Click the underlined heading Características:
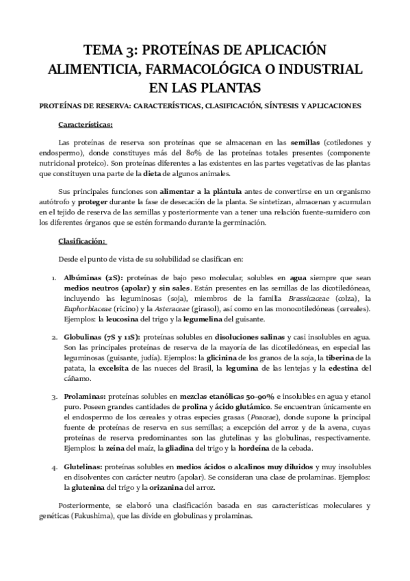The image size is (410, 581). point(95,125)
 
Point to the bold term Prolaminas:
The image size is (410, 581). point(84,396)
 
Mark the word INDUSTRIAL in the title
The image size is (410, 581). point(323,70)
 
